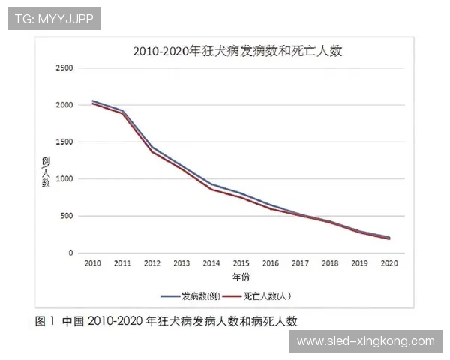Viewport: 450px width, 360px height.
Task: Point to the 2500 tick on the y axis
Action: click(64, 68)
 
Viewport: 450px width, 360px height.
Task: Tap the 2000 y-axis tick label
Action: click(64, 105)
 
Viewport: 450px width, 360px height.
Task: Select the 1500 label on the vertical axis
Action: click(64, 142)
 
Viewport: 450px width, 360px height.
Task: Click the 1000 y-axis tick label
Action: click(64, 179)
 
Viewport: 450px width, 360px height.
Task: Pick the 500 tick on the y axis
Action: click(66, 216)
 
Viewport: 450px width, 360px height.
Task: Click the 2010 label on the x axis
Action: click(93, 264)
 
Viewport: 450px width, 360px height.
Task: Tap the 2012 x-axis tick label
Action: click(152, 264)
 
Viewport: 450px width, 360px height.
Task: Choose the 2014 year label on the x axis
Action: click(212, 264)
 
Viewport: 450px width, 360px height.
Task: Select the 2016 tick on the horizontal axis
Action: click(271, 264)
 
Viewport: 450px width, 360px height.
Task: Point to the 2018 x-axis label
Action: click(331, 264)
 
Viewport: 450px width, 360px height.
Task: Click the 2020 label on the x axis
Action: click(390, 264)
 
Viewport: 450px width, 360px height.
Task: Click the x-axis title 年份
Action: click(241, 277)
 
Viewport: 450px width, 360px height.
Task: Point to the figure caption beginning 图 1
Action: click(166, 321)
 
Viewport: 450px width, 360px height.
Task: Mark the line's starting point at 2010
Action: click(93, 102)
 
